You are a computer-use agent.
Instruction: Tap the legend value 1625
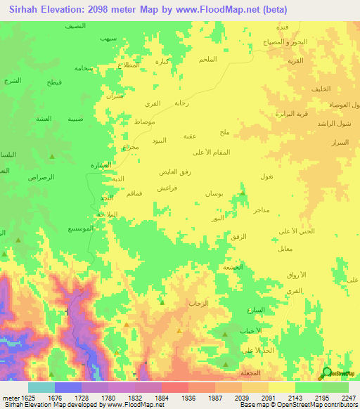coord(25,397)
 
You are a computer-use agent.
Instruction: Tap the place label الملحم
coord(208,58)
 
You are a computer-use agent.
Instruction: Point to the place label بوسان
coord(214,193)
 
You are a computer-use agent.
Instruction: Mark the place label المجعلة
coord(252,373)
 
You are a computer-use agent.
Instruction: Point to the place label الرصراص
coord(41,178)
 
